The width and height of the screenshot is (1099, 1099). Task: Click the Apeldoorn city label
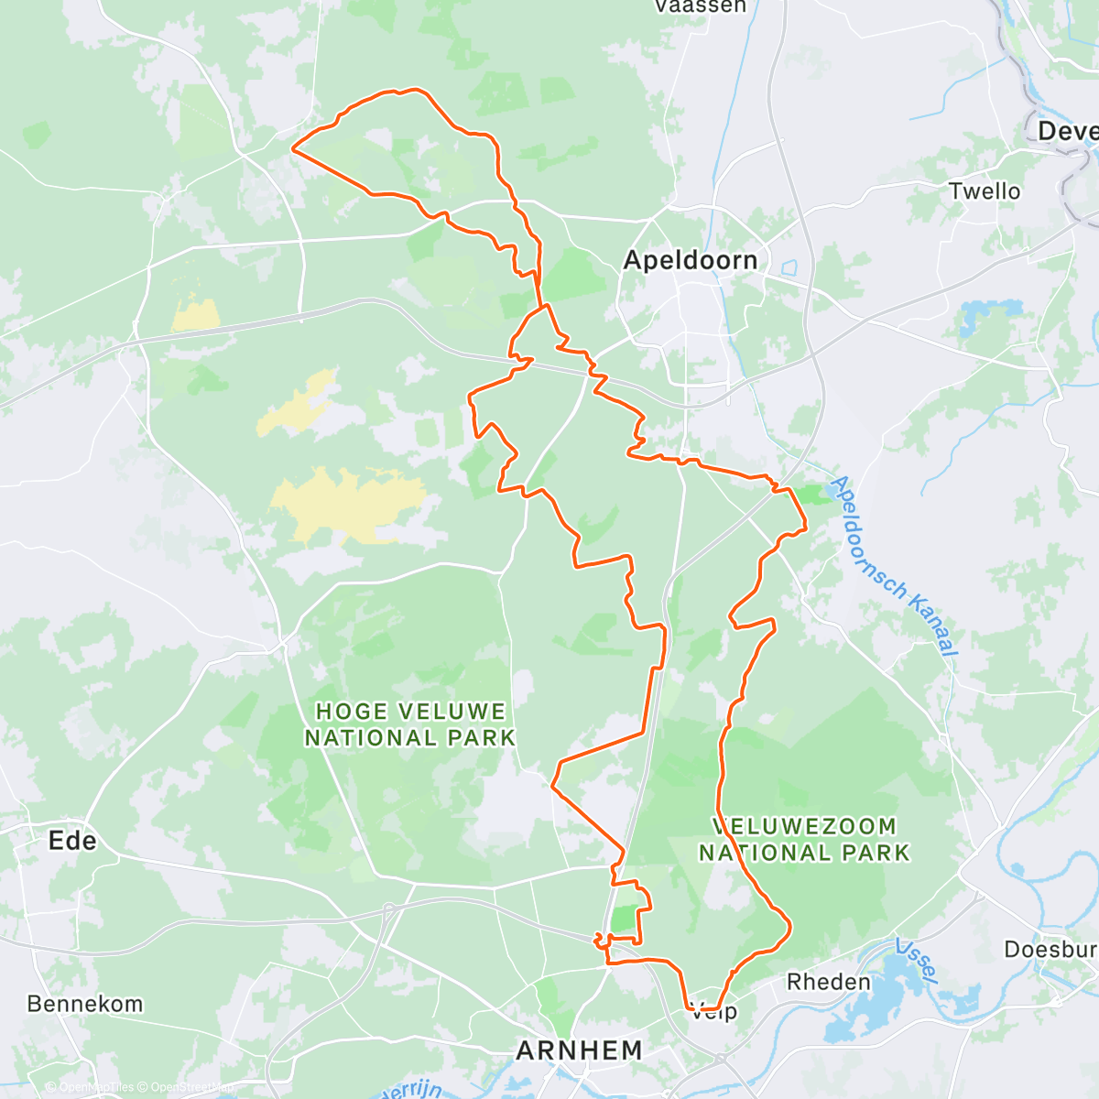[690, 260]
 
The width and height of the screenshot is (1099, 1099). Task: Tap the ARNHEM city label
[579, 1050]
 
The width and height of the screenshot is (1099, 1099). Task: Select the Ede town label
[72, 841]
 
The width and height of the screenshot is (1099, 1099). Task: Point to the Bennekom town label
[84, 1004]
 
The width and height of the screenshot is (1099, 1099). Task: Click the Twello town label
[985, 191]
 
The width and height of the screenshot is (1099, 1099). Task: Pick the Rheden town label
[828, 982]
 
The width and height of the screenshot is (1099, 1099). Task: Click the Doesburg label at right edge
[1050, 949]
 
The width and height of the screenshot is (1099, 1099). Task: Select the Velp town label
[713, 1012]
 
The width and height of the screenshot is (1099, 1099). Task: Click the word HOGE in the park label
[352, 712]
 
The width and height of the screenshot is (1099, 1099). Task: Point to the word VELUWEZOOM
[804, 826]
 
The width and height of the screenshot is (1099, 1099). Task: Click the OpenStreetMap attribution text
[191, 1087]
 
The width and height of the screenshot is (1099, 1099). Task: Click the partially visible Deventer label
[1067, 131]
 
